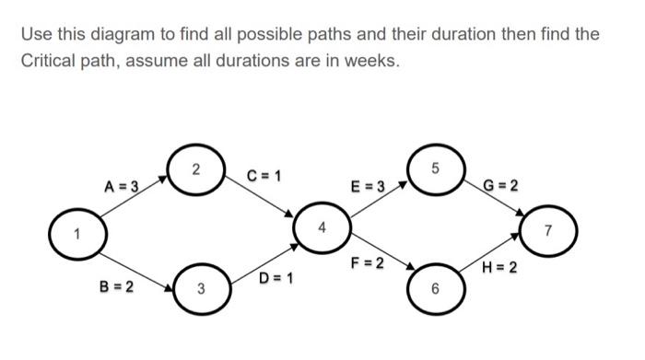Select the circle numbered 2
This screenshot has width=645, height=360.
(x=195, y=170)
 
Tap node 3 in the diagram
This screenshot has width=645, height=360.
(x=200, y=291)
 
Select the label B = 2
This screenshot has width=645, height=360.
(x=116, y=286)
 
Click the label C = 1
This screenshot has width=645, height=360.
(x=264, y=176)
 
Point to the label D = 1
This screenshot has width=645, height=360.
(x=276, y=277)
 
